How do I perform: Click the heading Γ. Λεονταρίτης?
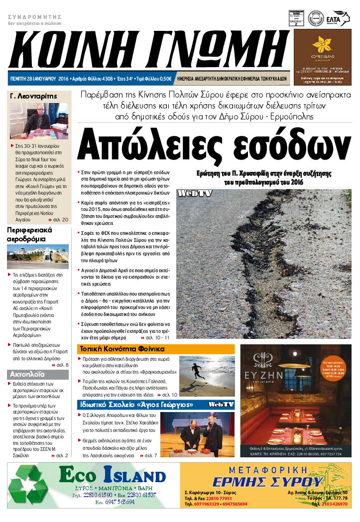point(34,96)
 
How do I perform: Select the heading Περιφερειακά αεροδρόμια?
point(29,234)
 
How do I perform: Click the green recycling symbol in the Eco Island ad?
point(31,487)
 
